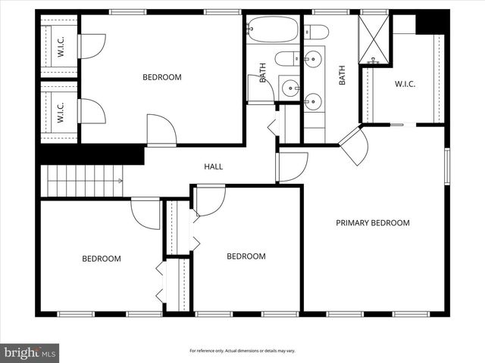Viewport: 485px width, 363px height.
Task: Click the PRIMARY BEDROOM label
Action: pos(373,223)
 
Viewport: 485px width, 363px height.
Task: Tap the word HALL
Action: pos(213,167)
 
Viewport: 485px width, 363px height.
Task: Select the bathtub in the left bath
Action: pos(272,29)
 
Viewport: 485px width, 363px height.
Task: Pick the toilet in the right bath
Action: pos(317,32)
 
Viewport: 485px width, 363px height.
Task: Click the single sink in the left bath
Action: pos(289,88)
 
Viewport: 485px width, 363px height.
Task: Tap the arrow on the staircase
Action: pos(119,181)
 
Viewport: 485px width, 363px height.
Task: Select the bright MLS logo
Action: pos(30,352)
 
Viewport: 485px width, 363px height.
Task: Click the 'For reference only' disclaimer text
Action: pos(242,351)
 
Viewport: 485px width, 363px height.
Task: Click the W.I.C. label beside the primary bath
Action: pos(405,85)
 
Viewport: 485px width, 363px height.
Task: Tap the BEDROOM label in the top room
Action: pos(162,77)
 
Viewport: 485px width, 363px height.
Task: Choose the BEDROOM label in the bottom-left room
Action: pos(102,259)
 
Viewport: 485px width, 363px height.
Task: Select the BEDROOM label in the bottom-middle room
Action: pos(246,256)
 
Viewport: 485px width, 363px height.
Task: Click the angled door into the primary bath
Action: pos(353,146)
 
